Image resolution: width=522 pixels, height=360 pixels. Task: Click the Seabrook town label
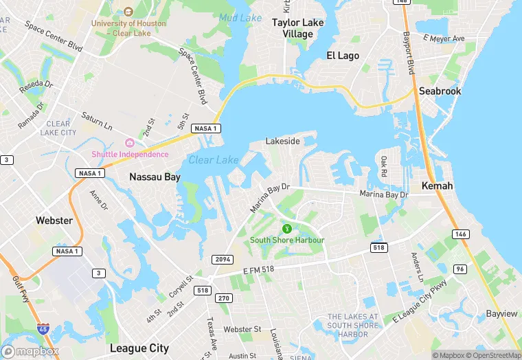[441, 91]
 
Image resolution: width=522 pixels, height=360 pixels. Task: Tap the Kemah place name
[437, 187]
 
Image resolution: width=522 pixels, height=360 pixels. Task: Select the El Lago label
[342, 55]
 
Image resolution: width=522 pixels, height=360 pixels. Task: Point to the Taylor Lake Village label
[297, 27]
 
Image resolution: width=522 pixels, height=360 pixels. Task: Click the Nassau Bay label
[155, 177]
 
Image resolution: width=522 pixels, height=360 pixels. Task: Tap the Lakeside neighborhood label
[283, 141]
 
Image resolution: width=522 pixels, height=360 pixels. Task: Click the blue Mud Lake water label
[236, 17]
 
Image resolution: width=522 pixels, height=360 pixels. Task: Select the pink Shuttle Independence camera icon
[129, 142]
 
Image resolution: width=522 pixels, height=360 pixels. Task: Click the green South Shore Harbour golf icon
[287, 228]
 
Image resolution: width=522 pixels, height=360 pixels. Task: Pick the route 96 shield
[479, 268]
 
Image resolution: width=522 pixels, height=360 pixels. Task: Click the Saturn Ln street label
[96, 121]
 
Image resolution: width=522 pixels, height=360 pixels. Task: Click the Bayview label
[501, 313]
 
